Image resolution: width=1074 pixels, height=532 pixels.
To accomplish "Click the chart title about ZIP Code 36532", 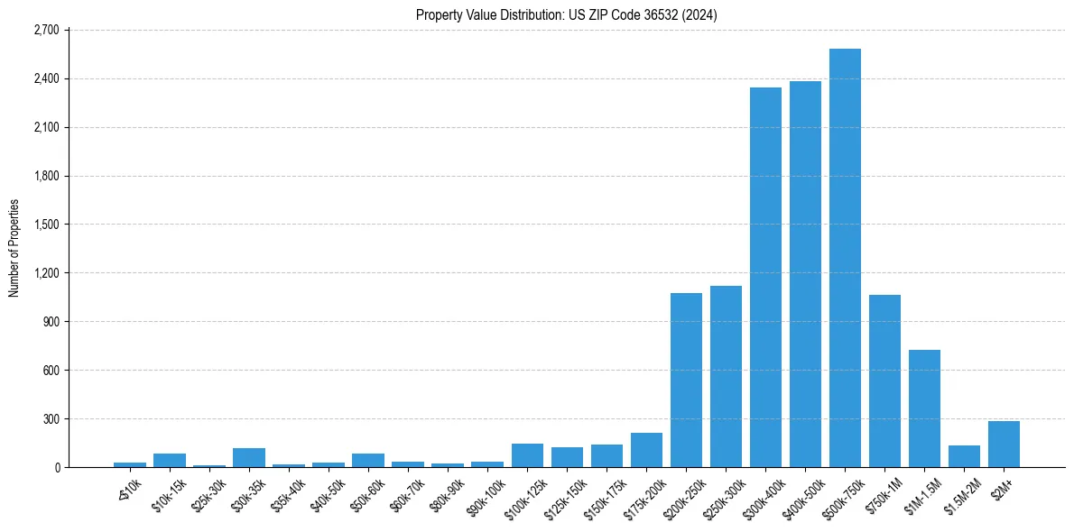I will point(566,14).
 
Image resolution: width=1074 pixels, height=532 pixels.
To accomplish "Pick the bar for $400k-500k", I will point(805,274).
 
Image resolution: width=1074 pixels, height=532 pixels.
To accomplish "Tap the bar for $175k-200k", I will point(646,451).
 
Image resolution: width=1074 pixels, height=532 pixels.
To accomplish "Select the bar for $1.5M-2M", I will point(964,456).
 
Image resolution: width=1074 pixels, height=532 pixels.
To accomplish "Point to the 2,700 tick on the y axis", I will point(45,30).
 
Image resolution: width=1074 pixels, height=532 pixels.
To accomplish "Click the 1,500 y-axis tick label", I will point(45,225).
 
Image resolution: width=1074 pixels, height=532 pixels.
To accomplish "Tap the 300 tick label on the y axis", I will point(51,419).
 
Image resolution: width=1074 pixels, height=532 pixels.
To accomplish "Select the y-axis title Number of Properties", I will point(14,248).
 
